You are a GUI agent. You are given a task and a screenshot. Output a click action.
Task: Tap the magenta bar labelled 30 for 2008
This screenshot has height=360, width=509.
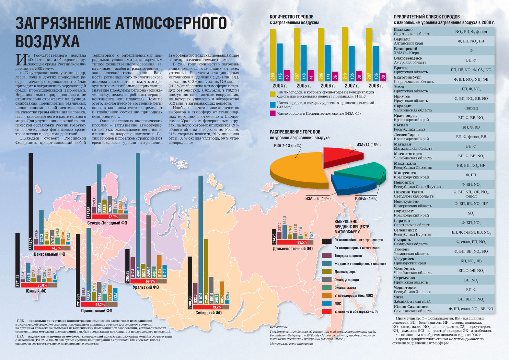tap(383, 77)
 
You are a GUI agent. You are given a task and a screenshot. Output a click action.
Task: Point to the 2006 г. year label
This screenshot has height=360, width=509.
tap(328, 86)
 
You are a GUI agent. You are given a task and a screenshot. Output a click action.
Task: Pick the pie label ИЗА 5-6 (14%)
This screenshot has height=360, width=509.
tap(318, 198)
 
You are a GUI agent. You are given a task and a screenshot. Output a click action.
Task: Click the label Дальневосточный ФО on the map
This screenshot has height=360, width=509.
tap(293, 249)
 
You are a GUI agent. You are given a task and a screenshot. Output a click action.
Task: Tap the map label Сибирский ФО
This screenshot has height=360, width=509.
tap(208, 313)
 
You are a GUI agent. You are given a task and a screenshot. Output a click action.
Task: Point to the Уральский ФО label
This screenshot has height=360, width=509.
tap(145, 287)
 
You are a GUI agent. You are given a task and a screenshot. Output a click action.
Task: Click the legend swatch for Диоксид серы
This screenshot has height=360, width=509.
tap(327, 272)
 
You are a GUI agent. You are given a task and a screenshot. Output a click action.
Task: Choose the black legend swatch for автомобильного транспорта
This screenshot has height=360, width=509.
tap(327, 240)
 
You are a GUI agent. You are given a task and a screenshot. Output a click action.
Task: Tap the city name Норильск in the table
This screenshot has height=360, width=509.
tap(404, 211)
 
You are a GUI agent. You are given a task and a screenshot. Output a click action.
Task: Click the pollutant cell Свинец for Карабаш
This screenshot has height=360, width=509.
tap(471, 108)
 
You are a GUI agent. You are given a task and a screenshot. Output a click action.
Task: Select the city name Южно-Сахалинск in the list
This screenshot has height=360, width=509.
tap(411, 307)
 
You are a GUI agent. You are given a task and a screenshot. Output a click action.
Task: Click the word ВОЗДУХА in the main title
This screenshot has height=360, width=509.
tap(48, 41)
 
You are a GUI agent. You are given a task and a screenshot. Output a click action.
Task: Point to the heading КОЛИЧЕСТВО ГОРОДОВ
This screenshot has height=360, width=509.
tap(292, 17)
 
